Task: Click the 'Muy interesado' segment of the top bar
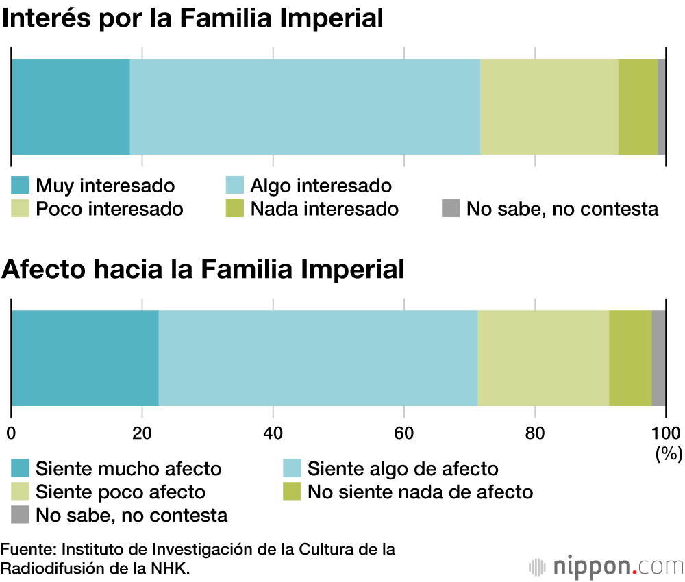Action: pyautogui.click(x=71, y=106)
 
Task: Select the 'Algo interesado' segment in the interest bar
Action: pyautogui.click(x=305, y=106)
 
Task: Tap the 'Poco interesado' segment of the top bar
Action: pyautogui.click(x=549, y=106)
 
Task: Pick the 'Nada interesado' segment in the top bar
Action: pyautogui.click(x=638, y=106)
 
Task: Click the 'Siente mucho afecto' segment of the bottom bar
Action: pyautogui.click(x=85, y=357)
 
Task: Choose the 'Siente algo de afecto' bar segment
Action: pyautogui.click(x=318, y=357)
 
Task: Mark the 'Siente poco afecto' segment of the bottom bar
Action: pyautogui.click(x=543, y=357)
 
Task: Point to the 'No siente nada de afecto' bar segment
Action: pyautogui.click(x=630, y=357)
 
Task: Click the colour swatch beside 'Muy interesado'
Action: pyautogui.click(x=21, y=186)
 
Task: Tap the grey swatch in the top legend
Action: pyautogui.click(x=450, y=208)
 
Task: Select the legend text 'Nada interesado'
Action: pyautogui.click(x=324, y=208)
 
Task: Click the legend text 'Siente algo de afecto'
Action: pyautogui.click(x=403, y=469)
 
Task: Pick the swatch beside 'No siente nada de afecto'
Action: pyautogui.click(x=292, y=492)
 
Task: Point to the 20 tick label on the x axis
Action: pyautogui.click(x=142, y=433)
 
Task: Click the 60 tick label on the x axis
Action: pyautogui.click(x=404, y=433)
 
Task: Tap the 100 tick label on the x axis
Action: pyautogui.click(x=666, y=433)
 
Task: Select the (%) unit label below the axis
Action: pyautogui.click(x=667, y=453)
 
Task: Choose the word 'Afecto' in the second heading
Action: pyautogui.click(x=42, y=269)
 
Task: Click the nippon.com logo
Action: pyautogui.click(x=606, y=567)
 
